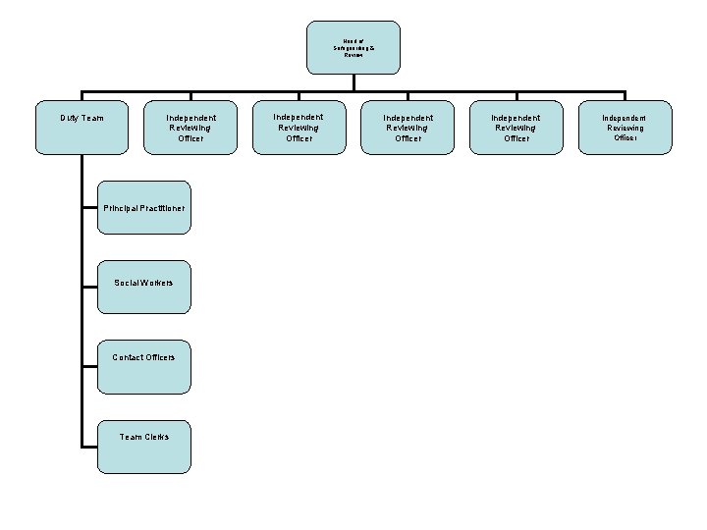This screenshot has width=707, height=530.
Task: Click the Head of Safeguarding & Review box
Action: pyautogui.click(x=353, y=47)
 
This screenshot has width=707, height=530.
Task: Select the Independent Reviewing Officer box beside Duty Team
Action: pyautogui.click(x=191, y=128)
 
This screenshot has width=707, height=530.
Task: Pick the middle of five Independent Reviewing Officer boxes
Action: pyautogui.click(x=408, y=128)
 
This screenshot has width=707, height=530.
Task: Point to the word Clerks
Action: pyautogui.click(x=157, y=437)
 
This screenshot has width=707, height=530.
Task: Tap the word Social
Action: pyautogui.click(x=127, y=283)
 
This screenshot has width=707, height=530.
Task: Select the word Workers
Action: pyautogui.click(x=157, y=283)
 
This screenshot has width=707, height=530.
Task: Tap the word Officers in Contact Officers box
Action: pyautogui.click(x=159, y=357)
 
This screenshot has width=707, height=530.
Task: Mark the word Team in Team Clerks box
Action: pyautogui.click(x=131, y=437)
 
